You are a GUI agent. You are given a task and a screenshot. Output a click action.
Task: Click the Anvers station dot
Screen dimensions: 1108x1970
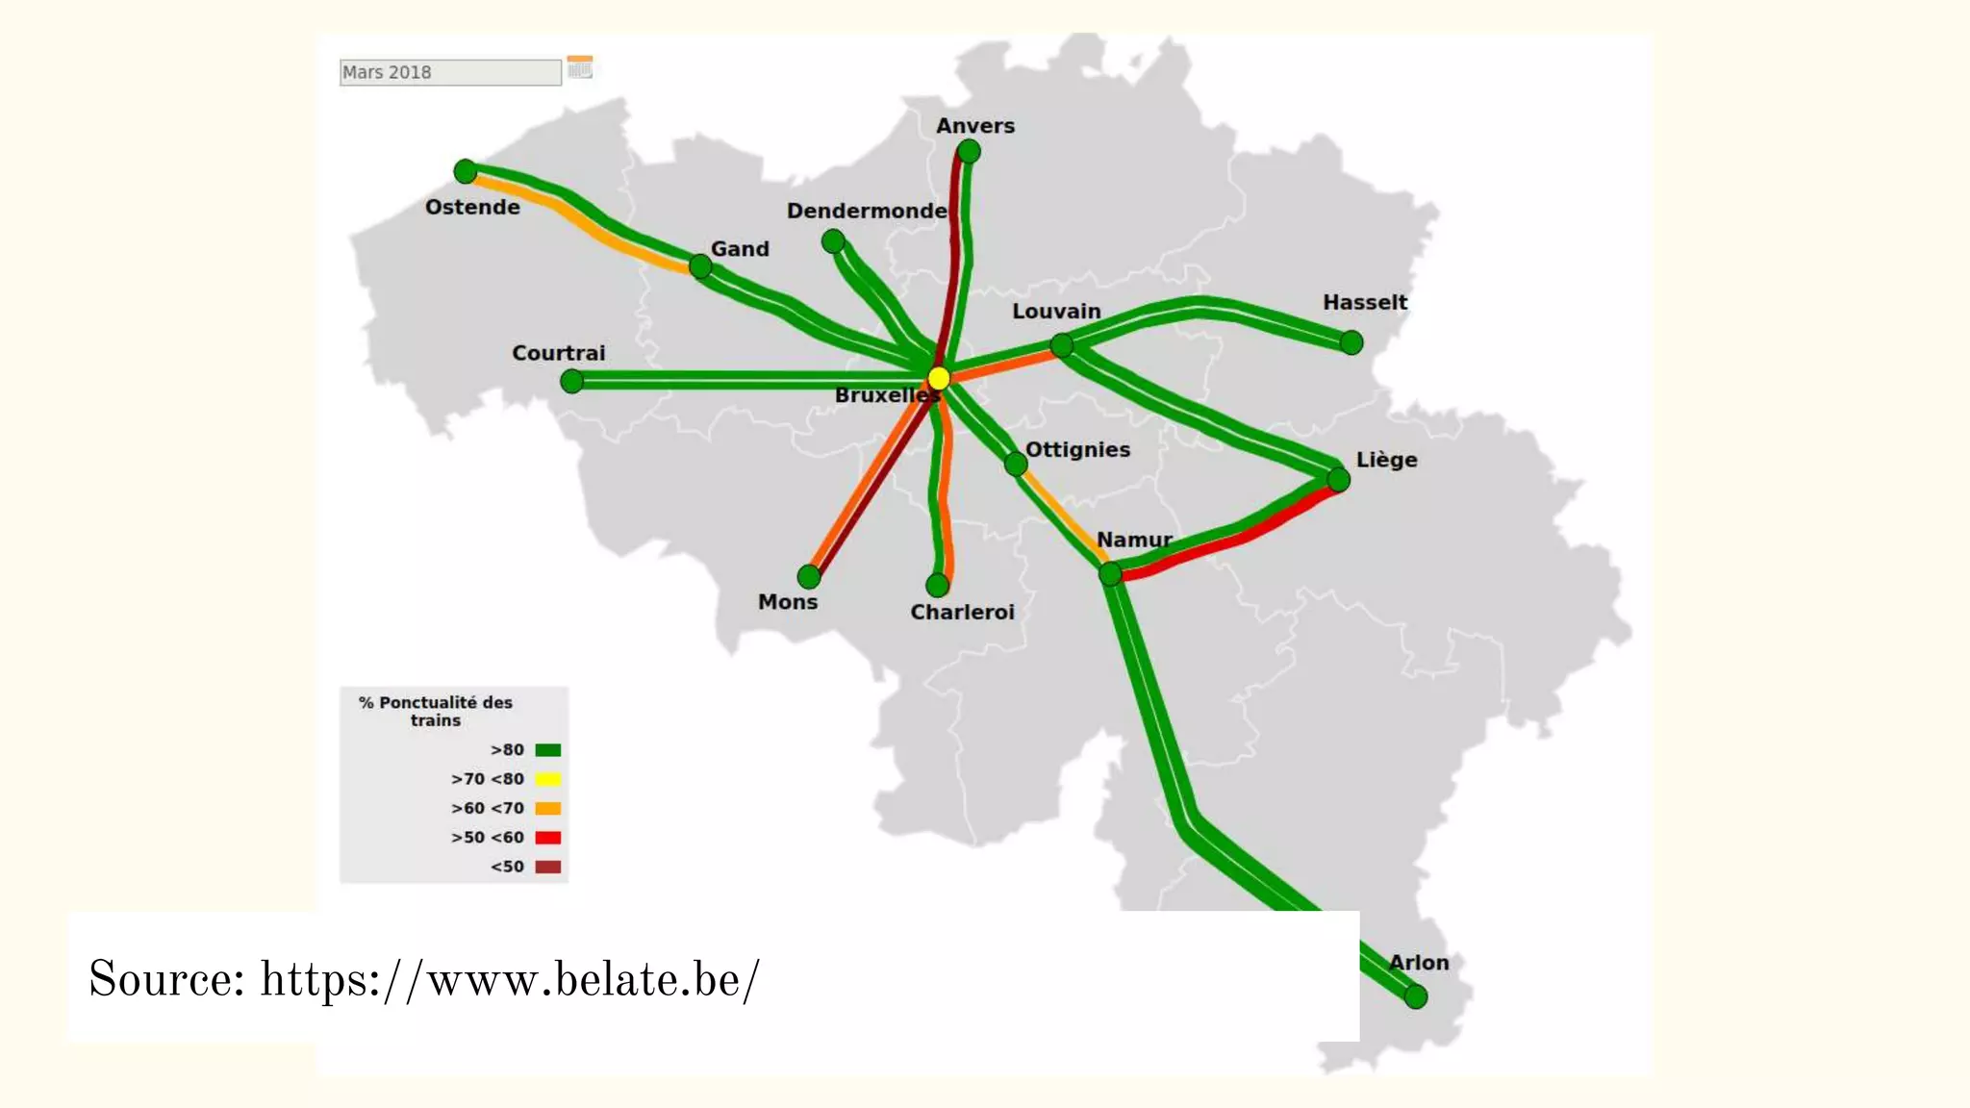969,151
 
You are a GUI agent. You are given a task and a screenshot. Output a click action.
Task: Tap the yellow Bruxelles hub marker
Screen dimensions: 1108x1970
939,378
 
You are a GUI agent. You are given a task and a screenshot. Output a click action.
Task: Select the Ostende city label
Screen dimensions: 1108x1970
472,207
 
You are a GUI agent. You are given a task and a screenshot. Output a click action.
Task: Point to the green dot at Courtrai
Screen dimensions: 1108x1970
572,382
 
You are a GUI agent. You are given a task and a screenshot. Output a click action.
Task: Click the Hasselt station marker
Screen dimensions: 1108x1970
1351,342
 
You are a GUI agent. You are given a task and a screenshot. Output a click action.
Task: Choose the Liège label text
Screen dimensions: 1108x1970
1386,460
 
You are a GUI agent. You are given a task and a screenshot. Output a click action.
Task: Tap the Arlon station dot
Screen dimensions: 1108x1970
1415,997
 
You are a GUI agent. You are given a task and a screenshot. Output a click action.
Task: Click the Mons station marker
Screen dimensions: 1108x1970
809,577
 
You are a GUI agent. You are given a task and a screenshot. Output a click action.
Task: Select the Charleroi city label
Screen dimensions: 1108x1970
962,612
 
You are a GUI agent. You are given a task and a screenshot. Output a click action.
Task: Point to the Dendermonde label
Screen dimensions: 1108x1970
867,211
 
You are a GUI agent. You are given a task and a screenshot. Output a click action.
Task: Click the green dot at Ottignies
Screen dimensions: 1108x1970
1016,465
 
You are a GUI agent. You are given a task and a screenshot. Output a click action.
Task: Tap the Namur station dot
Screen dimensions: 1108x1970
1110,574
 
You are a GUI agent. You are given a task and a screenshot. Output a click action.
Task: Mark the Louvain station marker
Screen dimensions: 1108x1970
1062,345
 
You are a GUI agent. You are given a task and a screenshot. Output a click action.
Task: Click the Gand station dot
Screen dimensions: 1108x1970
700,266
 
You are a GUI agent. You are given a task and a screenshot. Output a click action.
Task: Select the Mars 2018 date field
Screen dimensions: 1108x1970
450,72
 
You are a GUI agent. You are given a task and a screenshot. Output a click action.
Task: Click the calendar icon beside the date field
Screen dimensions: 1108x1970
580,67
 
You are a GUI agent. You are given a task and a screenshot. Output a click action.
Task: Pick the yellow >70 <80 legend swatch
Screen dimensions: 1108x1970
548,779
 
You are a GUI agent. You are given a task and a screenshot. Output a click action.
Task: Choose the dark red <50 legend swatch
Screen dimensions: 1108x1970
548,867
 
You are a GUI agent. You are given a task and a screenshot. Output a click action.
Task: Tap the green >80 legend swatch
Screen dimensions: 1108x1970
548,750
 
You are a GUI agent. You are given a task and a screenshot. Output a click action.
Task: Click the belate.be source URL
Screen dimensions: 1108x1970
510,979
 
